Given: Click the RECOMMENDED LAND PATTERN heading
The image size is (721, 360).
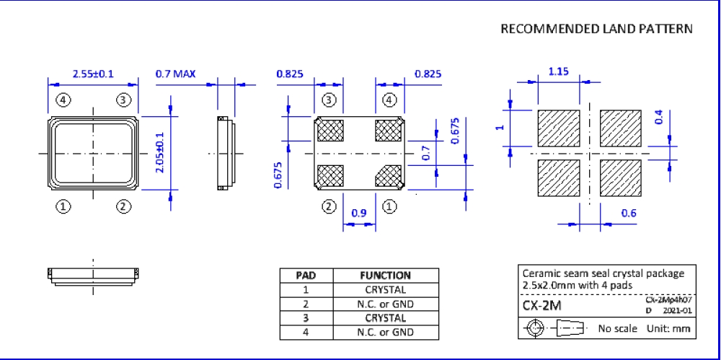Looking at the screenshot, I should [x=596, y=30].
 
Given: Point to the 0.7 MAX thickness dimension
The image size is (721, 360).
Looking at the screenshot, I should [x=175, y=74].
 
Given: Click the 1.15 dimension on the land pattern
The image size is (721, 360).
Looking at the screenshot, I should [x=559, y=72].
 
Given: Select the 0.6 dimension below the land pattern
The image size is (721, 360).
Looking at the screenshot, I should [x=629, y=214].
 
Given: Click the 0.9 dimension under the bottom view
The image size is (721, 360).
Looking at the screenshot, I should [x=359, y=214].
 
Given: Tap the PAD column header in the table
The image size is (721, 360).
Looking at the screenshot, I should [x=306, y=276].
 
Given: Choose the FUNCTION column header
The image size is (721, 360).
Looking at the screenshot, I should [x=385, y=276].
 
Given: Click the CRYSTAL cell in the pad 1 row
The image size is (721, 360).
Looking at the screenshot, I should [x=385, y=290].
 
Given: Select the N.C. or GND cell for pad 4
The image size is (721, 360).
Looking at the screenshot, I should [x=385, y=333].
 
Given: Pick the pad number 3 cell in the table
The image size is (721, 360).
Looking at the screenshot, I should [x=306, y=318].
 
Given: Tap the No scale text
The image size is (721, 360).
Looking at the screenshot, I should [x=618, y=329].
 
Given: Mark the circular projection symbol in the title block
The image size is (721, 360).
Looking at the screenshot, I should [x=535, y=329].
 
